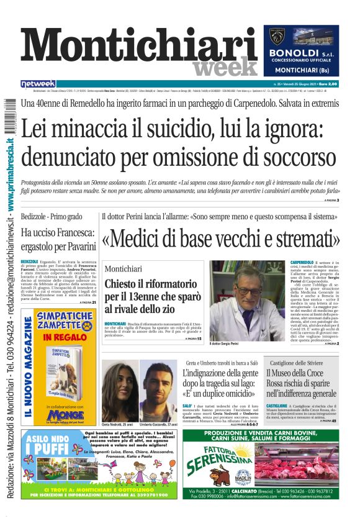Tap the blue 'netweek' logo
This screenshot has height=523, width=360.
pos(38,83)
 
